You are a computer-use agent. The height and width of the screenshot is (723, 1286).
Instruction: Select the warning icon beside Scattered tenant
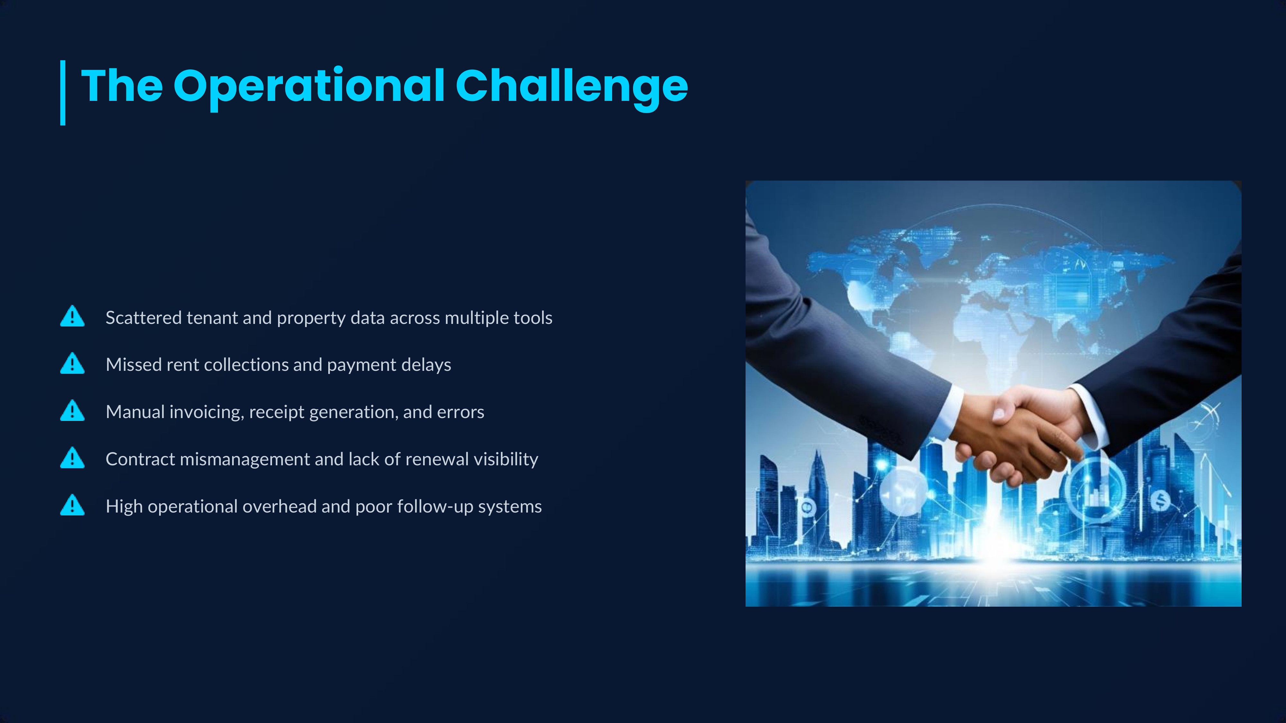click(x=72, y=316)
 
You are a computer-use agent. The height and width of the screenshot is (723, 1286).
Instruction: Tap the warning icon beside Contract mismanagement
click(x=72, y=458)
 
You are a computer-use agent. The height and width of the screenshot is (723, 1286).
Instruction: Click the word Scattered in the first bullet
click(x=144, y=317)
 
